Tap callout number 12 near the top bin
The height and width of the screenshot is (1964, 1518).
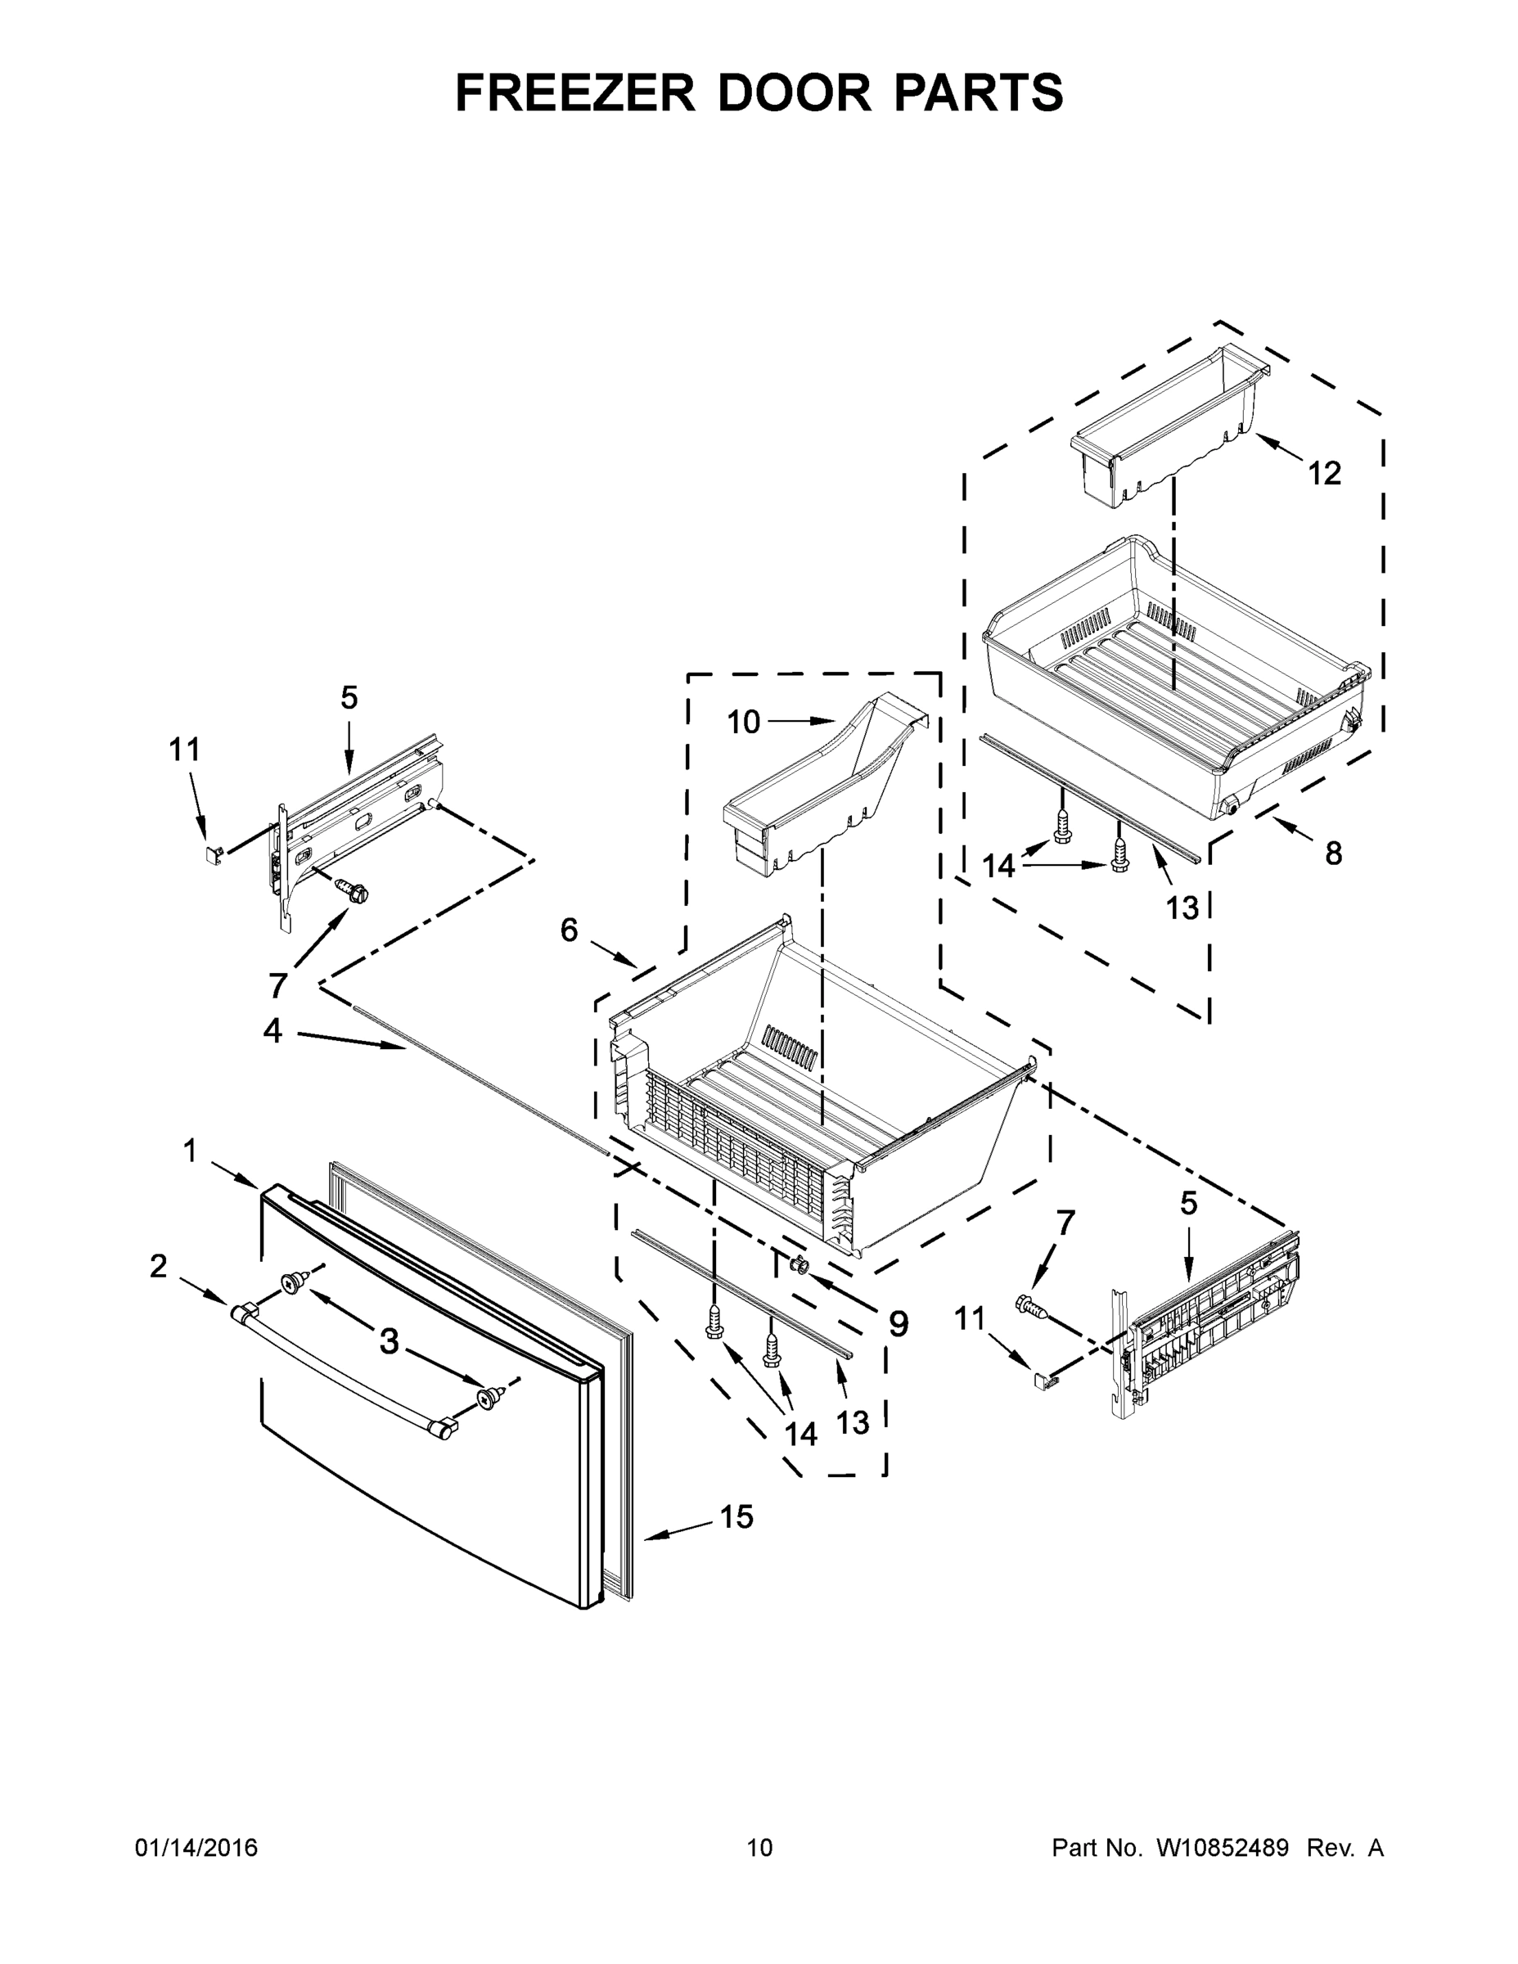[1324, 473]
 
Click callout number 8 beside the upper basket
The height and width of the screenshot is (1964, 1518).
[1333, 854]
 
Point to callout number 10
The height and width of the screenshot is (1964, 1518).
[743, 722]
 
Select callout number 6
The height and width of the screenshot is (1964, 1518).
[570, 930]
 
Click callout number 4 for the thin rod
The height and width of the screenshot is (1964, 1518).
[273, 1030]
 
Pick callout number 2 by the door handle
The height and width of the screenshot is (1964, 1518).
[158, 1266]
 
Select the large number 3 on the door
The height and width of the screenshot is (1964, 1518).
[389, 1340]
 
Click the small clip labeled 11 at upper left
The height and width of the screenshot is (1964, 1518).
[211, 854]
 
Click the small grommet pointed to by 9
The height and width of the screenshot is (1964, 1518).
[797, 1266]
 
